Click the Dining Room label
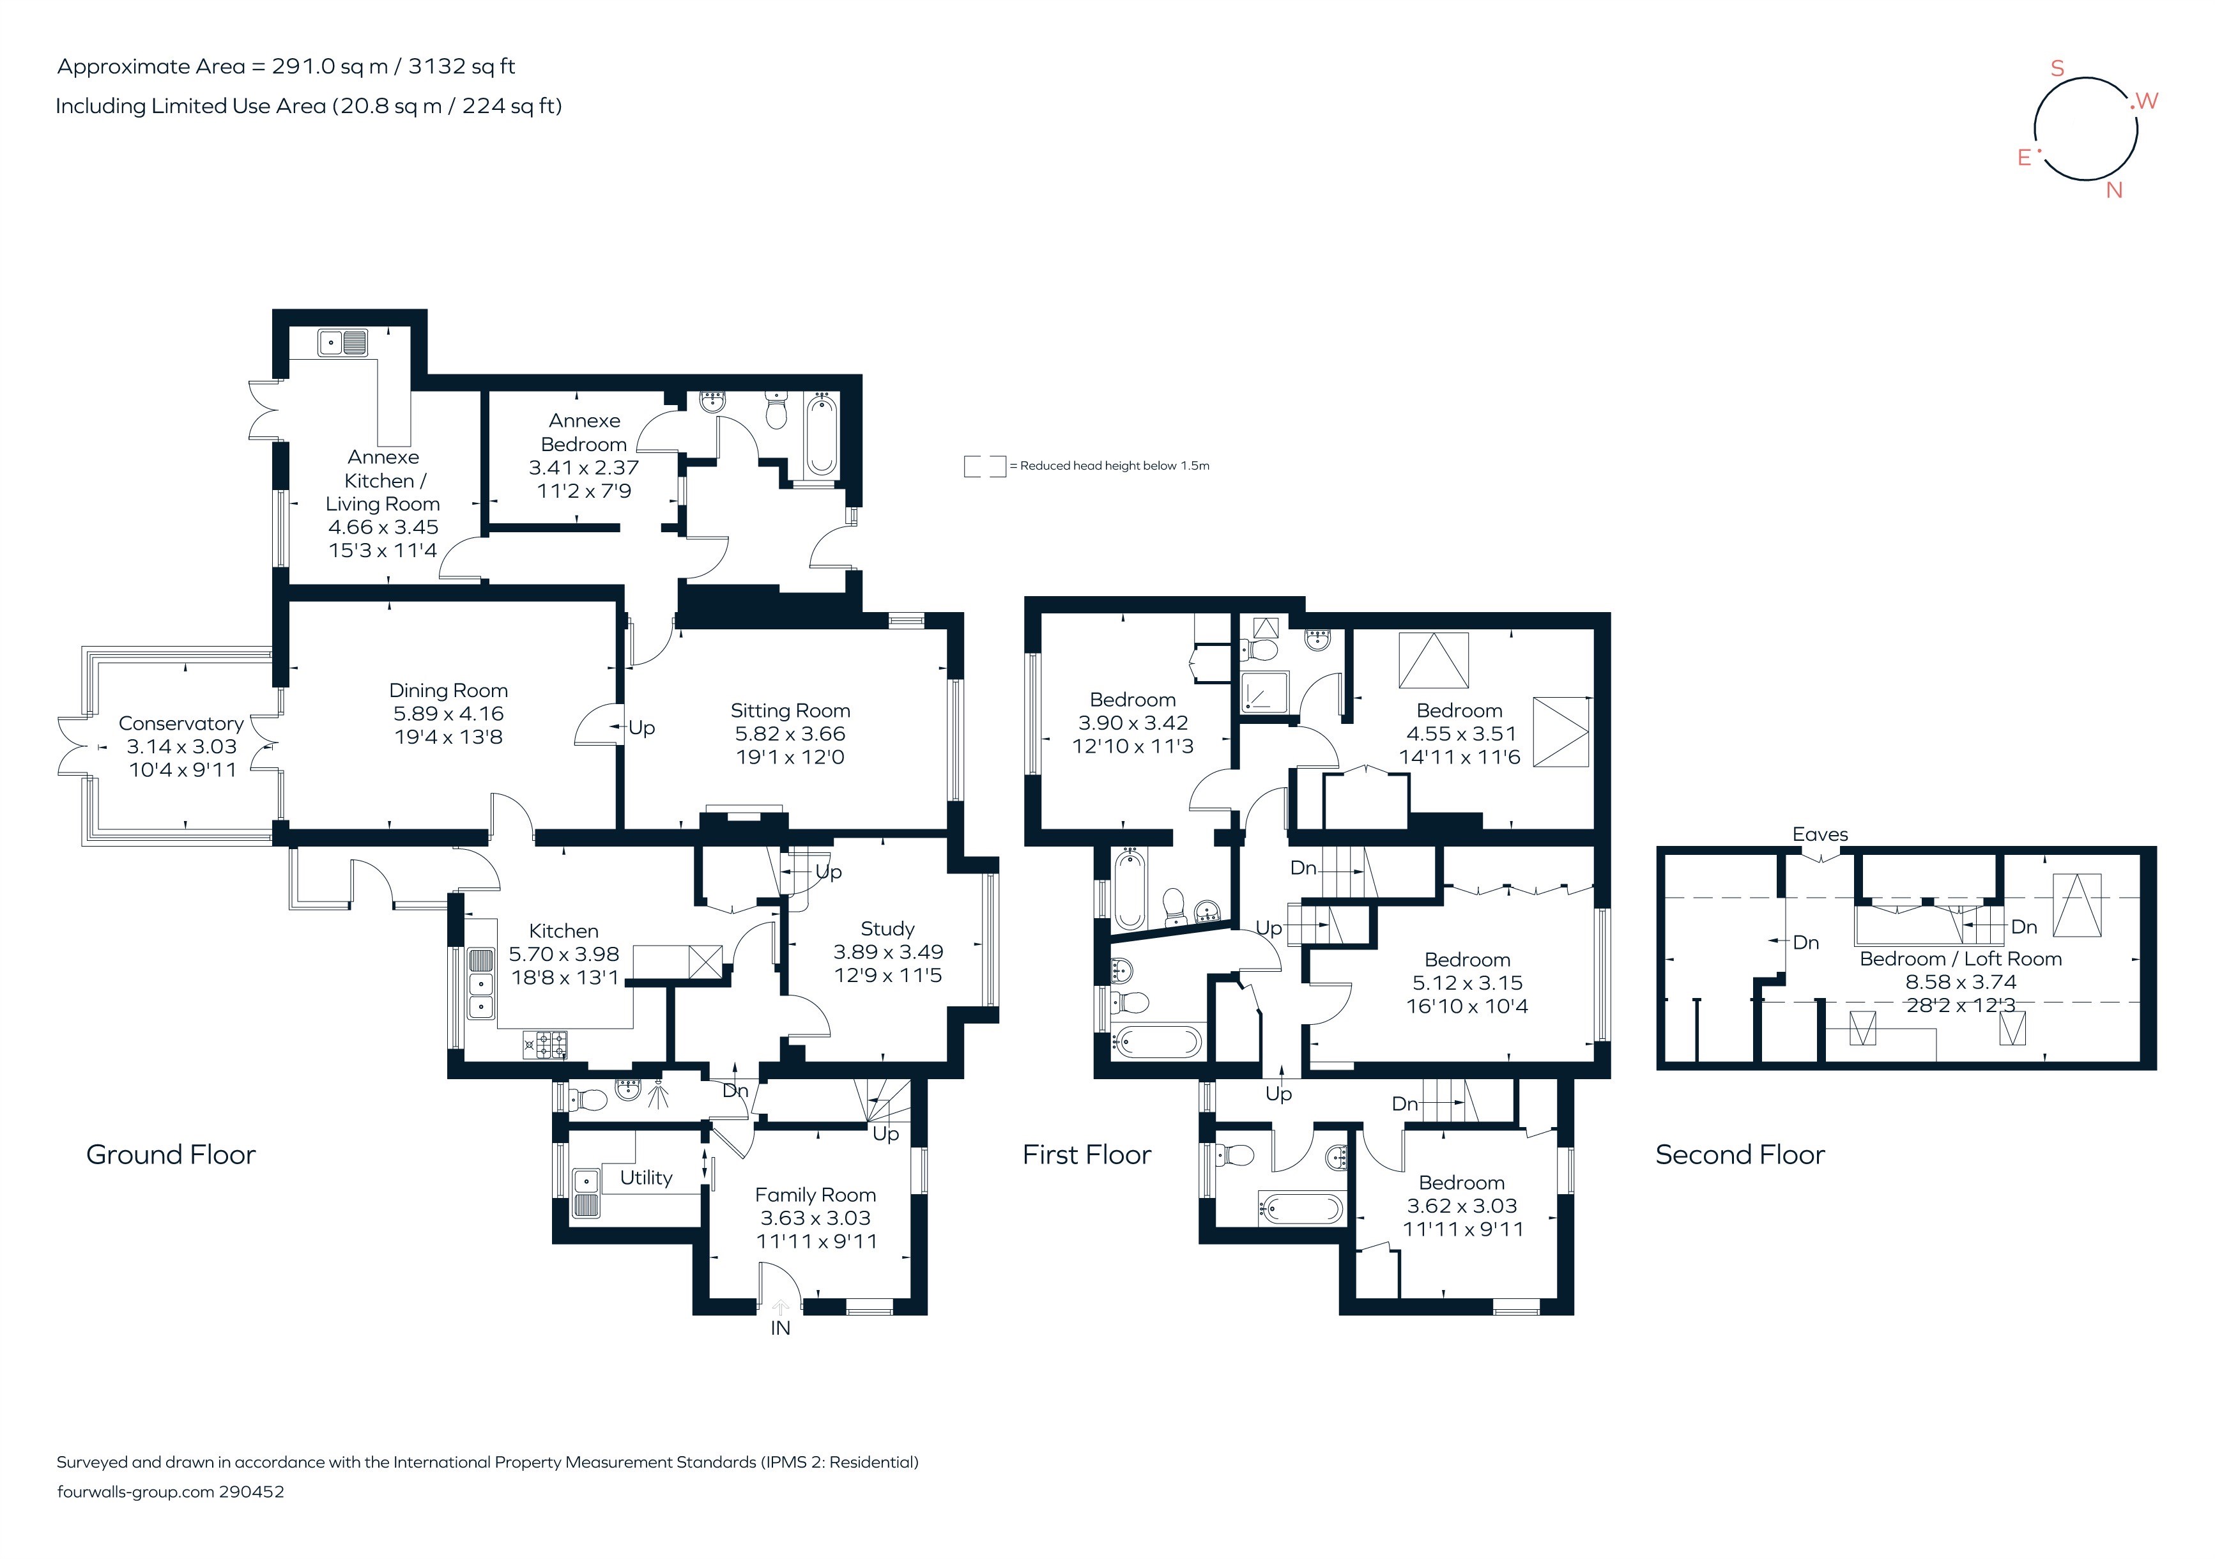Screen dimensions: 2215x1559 [x=448, y=691]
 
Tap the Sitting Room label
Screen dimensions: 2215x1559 [x=790, y=711]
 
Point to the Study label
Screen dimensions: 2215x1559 [x=887, y=929]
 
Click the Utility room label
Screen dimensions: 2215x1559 [x=645, y=1178]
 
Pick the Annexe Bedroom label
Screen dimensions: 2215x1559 [x=584, y=432]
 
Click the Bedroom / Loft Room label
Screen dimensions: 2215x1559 [x=1960, y=959]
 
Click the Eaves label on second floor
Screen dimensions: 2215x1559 [x=1820, y=834]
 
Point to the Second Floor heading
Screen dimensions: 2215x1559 [x=1740, y=1155]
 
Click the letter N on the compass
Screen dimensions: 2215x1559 [x=2113, y=191]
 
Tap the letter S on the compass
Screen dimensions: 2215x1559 [x=2057, y=68]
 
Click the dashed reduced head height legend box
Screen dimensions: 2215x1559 [x=984, y=466]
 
